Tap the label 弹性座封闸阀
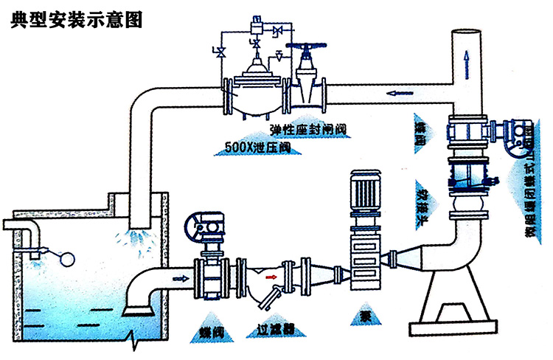[x=308, y=129]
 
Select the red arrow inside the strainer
[x=271, y=278]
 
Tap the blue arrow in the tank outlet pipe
[x=180, y=279]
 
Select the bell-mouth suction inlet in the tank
[x=137, y=304]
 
